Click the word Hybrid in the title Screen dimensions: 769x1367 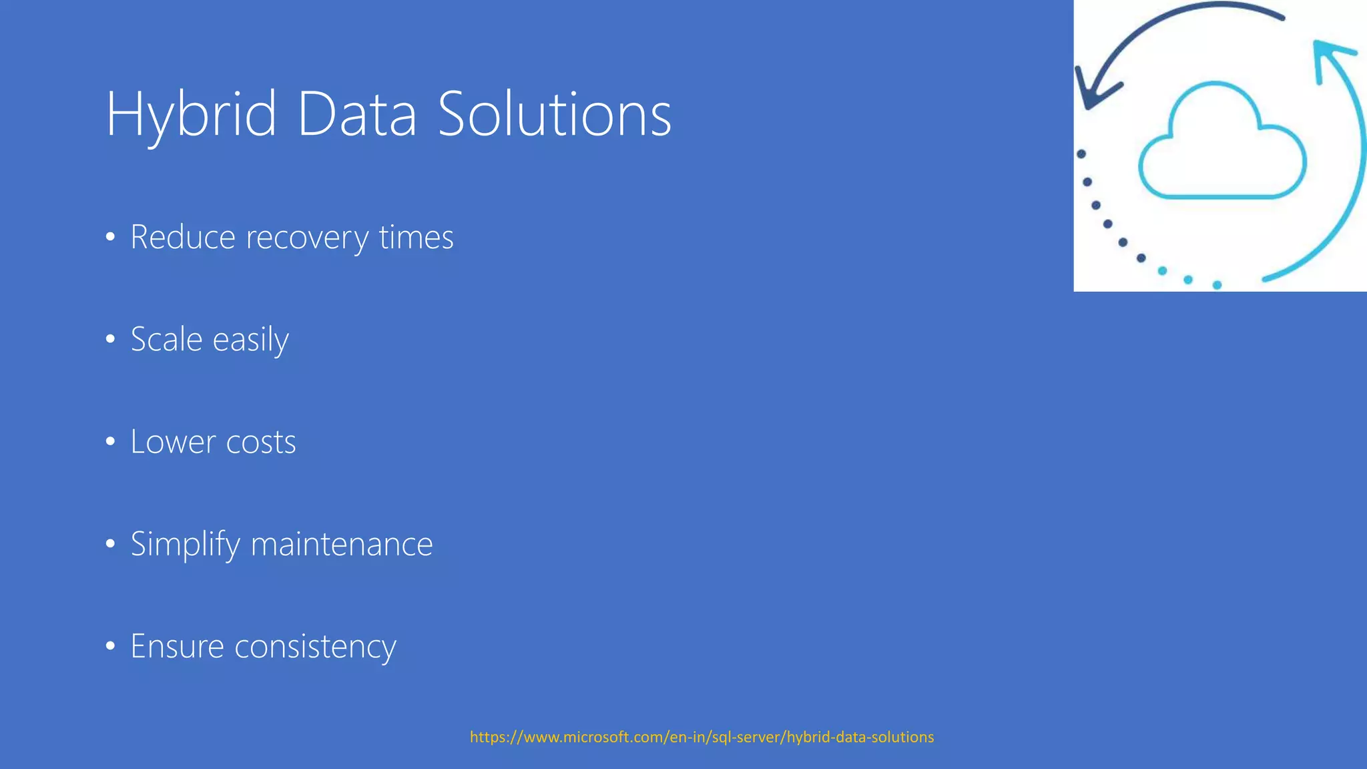[x=191, y=115]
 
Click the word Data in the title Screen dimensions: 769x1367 [x=357, y=115]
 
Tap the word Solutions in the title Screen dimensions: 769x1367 [x=554, y=115]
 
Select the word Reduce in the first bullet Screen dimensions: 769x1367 [x=183, y=238]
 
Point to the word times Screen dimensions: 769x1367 [x=417, y=238]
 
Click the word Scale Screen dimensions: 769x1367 [x=166, y=340]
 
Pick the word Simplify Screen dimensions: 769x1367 [x=185, y=545]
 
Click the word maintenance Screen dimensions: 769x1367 [x=342, y=545]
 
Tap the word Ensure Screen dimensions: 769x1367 [x=177, y=647]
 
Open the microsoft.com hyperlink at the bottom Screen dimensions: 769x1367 [x=702, y=737]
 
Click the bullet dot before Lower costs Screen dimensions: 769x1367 [x=111, y=442]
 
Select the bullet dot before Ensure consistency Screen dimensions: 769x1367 [x=111, y=646]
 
